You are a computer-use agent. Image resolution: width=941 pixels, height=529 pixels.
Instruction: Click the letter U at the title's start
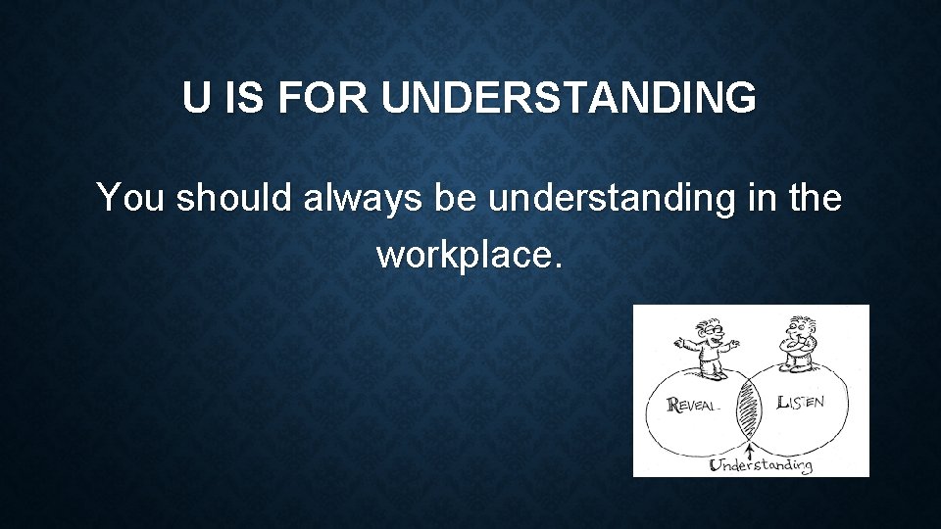click(196, 99)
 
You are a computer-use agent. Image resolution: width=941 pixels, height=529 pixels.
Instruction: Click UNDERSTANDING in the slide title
click(569, 99)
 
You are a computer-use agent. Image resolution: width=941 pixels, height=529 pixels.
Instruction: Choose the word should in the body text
click(236, 199)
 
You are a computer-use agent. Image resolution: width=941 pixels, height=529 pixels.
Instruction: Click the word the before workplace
click(812, 199)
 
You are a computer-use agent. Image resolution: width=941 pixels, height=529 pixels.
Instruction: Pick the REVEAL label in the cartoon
click(701, 404)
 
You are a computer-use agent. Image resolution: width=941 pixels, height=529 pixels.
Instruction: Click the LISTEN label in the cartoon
click(800, 402)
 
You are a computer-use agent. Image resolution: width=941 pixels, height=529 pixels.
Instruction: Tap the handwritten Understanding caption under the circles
click(761, 464)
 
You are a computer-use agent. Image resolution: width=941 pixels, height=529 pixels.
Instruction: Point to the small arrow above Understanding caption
click(751, 451)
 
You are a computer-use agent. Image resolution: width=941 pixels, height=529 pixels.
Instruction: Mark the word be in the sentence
click(457, 199)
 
